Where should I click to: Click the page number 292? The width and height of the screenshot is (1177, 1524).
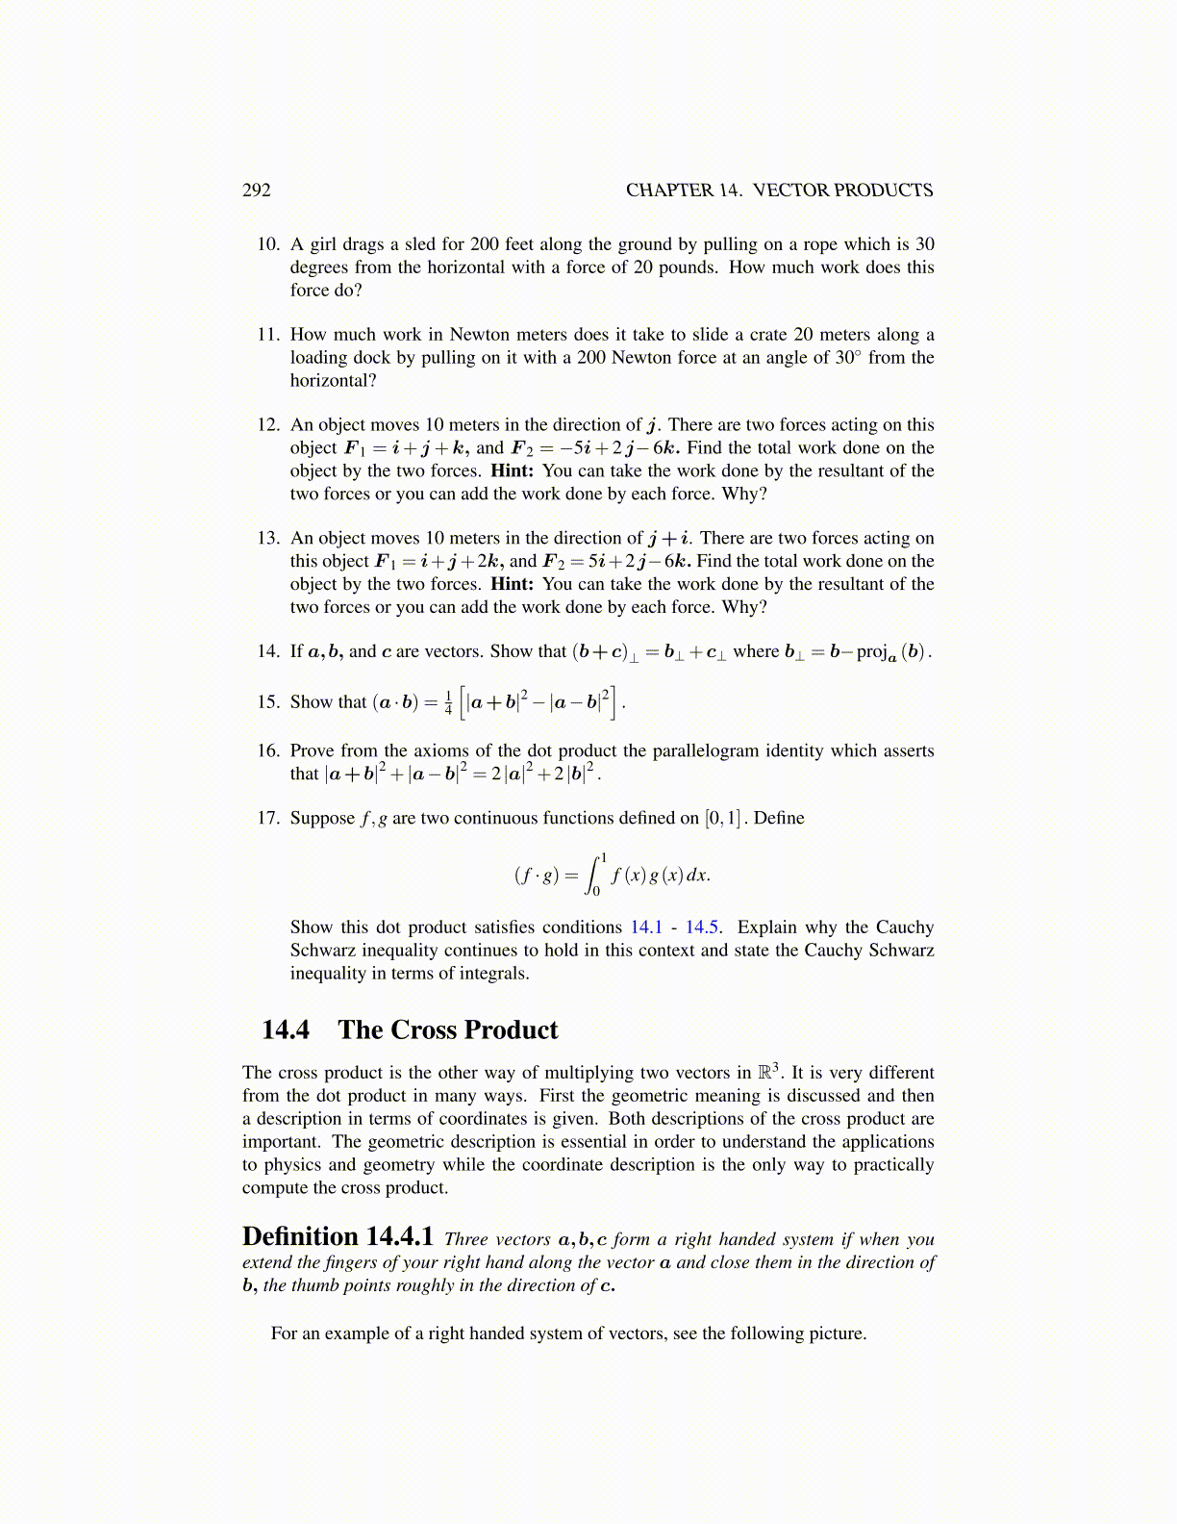257,190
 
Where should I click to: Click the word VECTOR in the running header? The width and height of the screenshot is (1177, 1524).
791,190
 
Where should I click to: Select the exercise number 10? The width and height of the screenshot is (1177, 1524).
267,244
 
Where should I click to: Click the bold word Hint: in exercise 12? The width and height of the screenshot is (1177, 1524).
512,471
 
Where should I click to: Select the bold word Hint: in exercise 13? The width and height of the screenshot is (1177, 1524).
512,585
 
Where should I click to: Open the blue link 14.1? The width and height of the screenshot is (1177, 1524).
646,927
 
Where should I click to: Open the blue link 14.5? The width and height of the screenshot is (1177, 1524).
702,927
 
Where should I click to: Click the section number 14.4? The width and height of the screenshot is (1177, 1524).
286,1030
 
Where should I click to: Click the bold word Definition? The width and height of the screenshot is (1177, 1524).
299,1237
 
